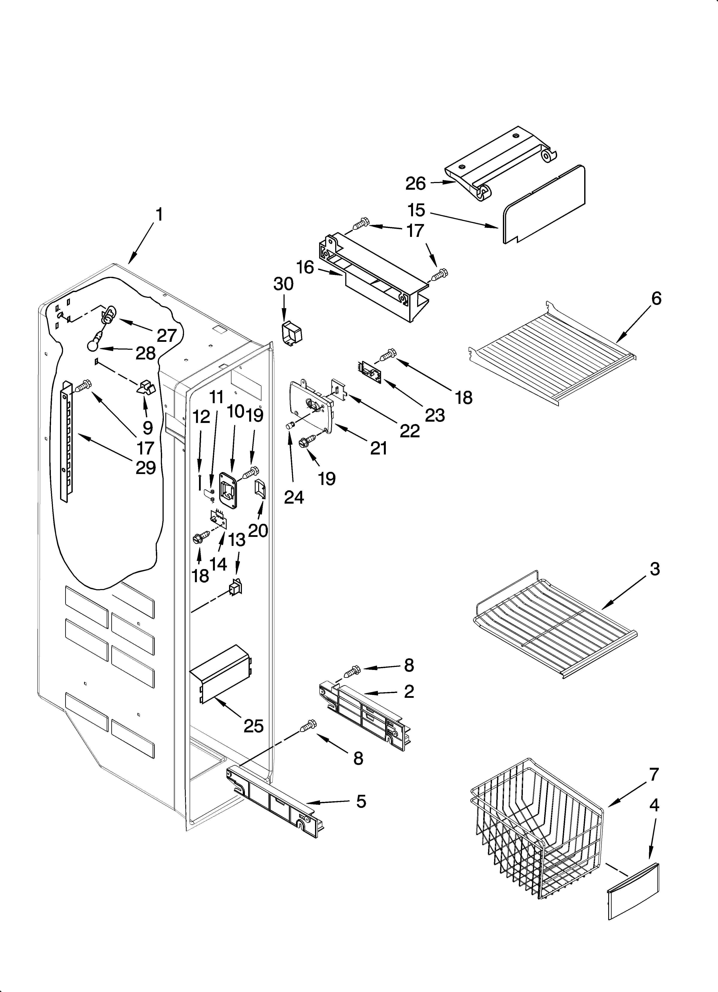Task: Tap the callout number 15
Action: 416,210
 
